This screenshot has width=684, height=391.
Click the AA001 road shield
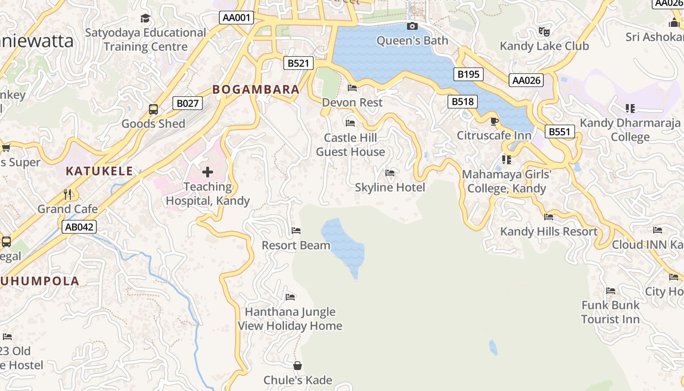(x=236, y=18)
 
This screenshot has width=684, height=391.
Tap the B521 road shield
(x=298, y=63)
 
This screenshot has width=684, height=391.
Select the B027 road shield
(x=188, y=103)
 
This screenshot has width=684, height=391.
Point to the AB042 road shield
(x=79, y=227)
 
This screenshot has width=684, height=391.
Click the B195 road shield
(x=469, y=74)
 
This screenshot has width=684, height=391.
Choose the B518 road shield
(x=462, y=102)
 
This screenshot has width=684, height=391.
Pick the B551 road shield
(x=560, y=131)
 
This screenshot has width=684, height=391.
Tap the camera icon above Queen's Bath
(x=412, y=26)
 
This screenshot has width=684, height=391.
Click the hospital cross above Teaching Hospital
(x=208, y=172)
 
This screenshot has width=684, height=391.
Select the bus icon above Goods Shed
(x=153, y=109)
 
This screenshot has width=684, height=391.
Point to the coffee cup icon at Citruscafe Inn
(x=494, y=121)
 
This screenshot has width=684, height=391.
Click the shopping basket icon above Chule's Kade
(x=297, y=366)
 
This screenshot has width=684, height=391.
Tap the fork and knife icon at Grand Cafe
(x=67, y=195)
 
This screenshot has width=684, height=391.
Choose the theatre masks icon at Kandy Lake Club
(x=544, y=32)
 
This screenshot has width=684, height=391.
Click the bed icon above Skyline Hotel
(x=390, y=173)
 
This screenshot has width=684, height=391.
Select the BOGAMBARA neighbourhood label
(x=256, y=89)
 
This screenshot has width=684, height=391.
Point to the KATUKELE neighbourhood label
(x=100, y=171)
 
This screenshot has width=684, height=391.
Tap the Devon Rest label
(x=352, y=103)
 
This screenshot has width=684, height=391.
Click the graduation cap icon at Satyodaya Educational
(x=145, y=19)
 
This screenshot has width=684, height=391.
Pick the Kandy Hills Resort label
(x=549, y=231)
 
